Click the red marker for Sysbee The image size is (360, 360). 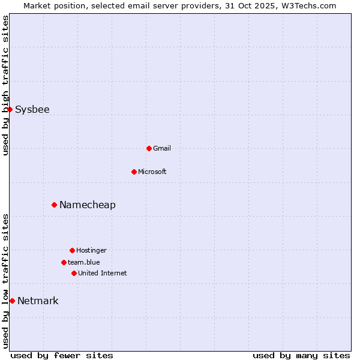click(x=10, y=109)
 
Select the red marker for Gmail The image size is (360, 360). click(x=149, y=148)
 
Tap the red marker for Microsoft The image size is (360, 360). click(x=134, y=172)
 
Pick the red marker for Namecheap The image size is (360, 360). click(x=54, y=205)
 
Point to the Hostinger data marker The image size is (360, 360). click(x=72, y=250)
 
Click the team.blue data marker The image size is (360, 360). click(x=64, y=262)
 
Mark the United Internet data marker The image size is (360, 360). click(x=74, y=273)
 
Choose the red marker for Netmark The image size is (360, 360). click(x=12, y=301)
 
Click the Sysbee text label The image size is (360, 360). click(x=32, y=109)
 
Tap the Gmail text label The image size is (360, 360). click(x=162, y=148)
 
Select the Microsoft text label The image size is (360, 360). click(x=152, y=172)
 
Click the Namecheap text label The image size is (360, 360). click(x=88, y=205)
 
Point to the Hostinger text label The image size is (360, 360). click(x=91, y=250)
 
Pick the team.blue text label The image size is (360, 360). click(x=84, y=262)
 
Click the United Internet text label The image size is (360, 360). click(x=103, y=273)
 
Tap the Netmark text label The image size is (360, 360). click(x=38, y=301)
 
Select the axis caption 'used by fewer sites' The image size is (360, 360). click(x=62, y=355)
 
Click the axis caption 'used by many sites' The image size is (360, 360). click(x=301, y=355)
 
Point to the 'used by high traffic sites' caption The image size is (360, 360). click(x=5, y=85)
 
